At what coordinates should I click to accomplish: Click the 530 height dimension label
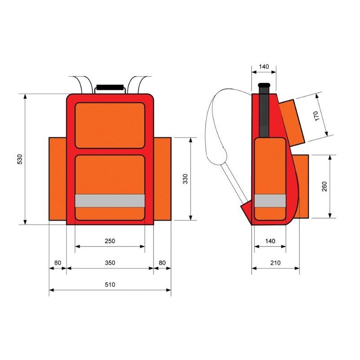coord(19,159)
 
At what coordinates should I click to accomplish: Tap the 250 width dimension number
coord(110,241)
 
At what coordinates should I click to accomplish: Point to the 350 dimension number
coord(110,262)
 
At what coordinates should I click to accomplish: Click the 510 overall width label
coord(110,284)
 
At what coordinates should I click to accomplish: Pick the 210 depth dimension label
coord(275,262)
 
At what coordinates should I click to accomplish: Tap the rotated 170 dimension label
coord(316,116)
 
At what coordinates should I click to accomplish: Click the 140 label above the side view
coord(264,67)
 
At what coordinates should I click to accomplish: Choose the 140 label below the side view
coord(270,241)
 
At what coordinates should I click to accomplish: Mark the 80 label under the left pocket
coord(57,262)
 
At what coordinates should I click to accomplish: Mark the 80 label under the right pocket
coord(162,262)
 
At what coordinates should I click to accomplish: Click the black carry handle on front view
coord(110,86)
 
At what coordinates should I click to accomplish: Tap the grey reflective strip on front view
coord(110,201)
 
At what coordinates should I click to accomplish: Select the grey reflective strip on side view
coord(270,201)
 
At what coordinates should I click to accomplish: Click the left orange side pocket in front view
coord(57,179)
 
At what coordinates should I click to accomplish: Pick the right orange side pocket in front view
coord(162,179)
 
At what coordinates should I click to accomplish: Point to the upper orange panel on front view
coord(110,125)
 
